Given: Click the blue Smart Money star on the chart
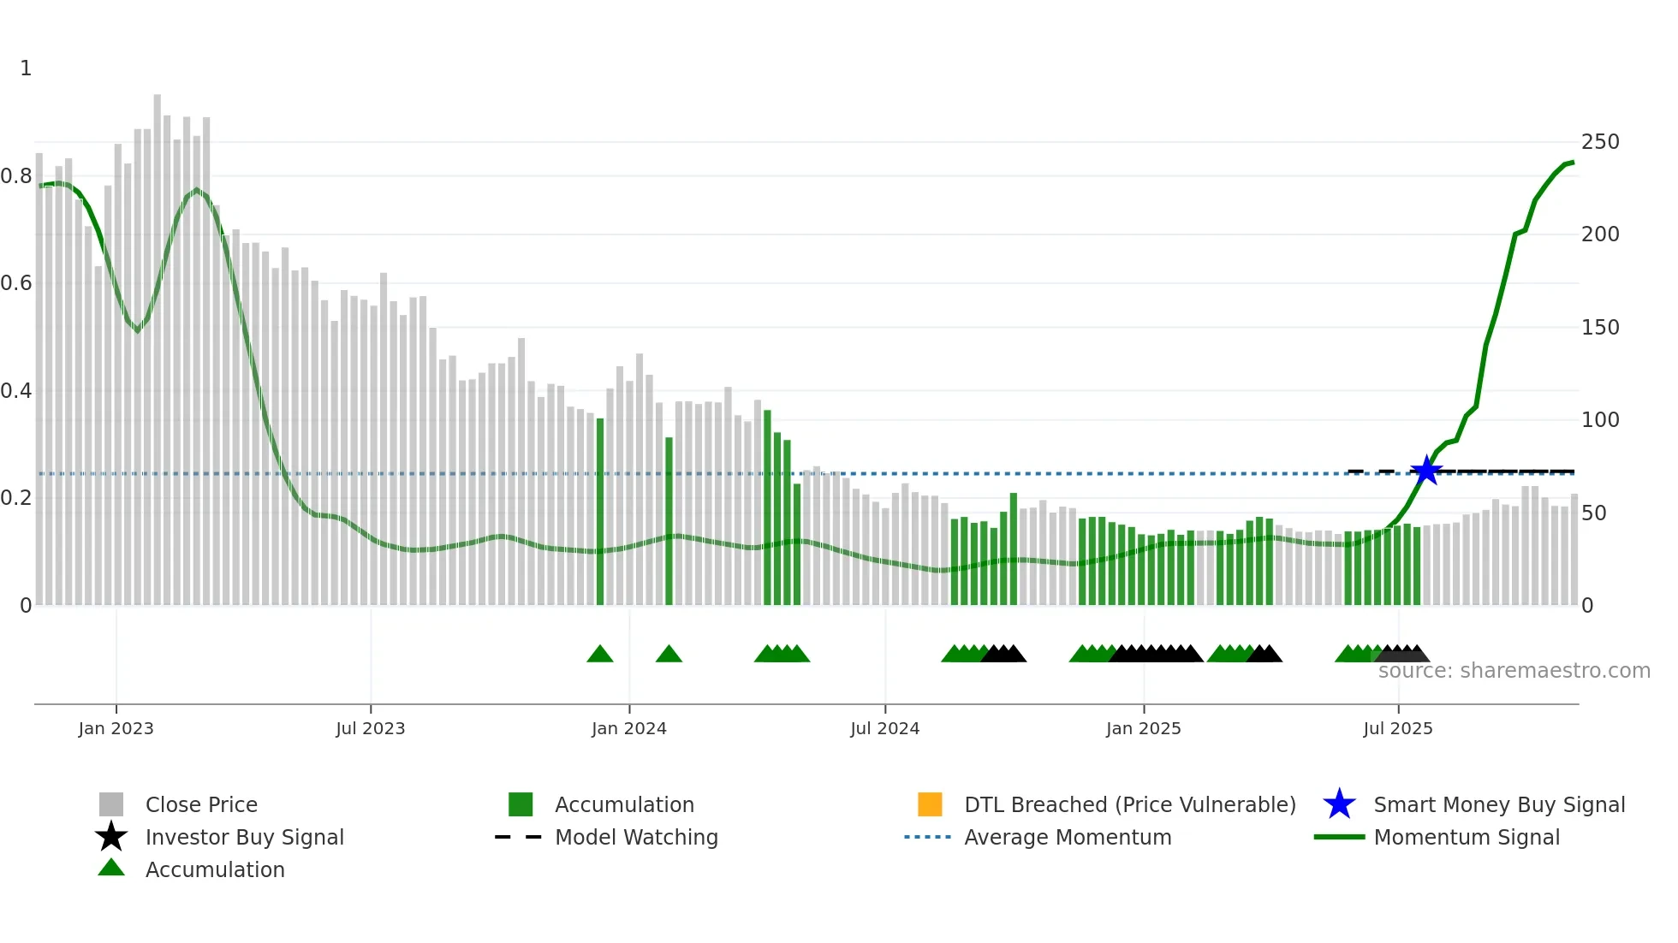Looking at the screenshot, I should [1426, 471].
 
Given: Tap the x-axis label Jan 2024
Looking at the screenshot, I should [628, 728].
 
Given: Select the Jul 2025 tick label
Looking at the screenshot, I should [1397, 728].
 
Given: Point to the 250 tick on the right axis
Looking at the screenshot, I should [1599, 142].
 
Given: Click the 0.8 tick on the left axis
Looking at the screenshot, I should [16, 176].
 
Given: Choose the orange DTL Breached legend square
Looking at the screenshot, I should [930, 804].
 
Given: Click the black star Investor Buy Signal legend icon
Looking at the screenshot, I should [111, 837].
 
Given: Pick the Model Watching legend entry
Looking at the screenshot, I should [636, 837].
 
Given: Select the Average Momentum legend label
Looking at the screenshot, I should [1068, 837].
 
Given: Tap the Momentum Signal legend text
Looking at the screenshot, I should [1467, 837].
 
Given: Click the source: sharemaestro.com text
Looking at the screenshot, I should [1514, 671].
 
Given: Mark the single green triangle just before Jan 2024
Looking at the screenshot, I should [600, 655].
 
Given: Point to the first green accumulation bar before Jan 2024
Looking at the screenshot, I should [600, 513].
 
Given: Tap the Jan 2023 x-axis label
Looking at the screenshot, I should [116, 728].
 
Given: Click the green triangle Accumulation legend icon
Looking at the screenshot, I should [111, 869].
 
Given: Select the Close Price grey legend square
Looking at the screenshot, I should [111, 804].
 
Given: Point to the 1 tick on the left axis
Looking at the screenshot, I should [26, 68].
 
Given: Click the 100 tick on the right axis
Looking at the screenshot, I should [1599, 420].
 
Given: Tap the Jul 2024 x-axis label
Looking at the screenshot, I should [884, 728].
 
